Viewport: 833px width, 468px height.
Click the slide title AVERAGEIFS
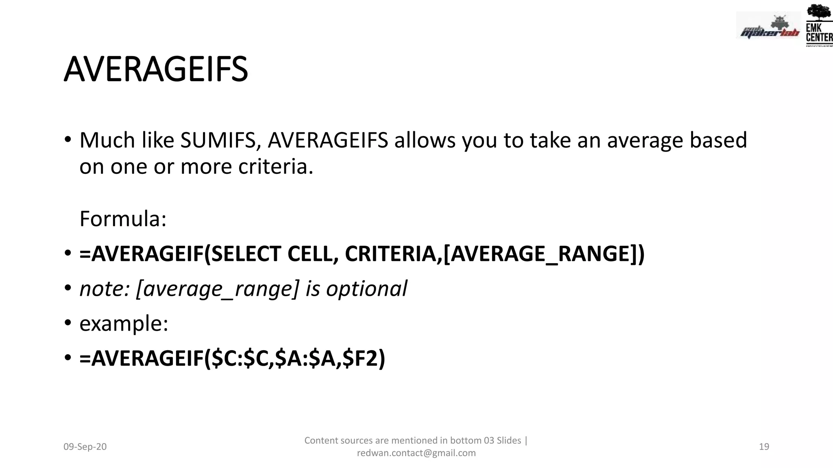point(156,69)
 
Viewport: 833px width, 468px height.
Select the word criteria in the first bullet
point(275,167)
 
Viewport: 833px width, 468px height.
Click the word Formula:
point(123,219)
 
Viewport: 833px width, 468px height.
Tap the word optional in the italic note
point(366,289)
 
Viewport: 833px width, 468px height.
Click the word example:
point(124,324)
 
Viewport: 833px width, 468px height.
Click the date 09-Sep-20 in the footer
point(85,447)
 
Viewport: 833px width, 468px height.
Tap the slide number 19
point(764,447)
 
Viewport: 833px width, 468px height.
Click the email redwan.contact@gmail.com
point(416,453)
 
